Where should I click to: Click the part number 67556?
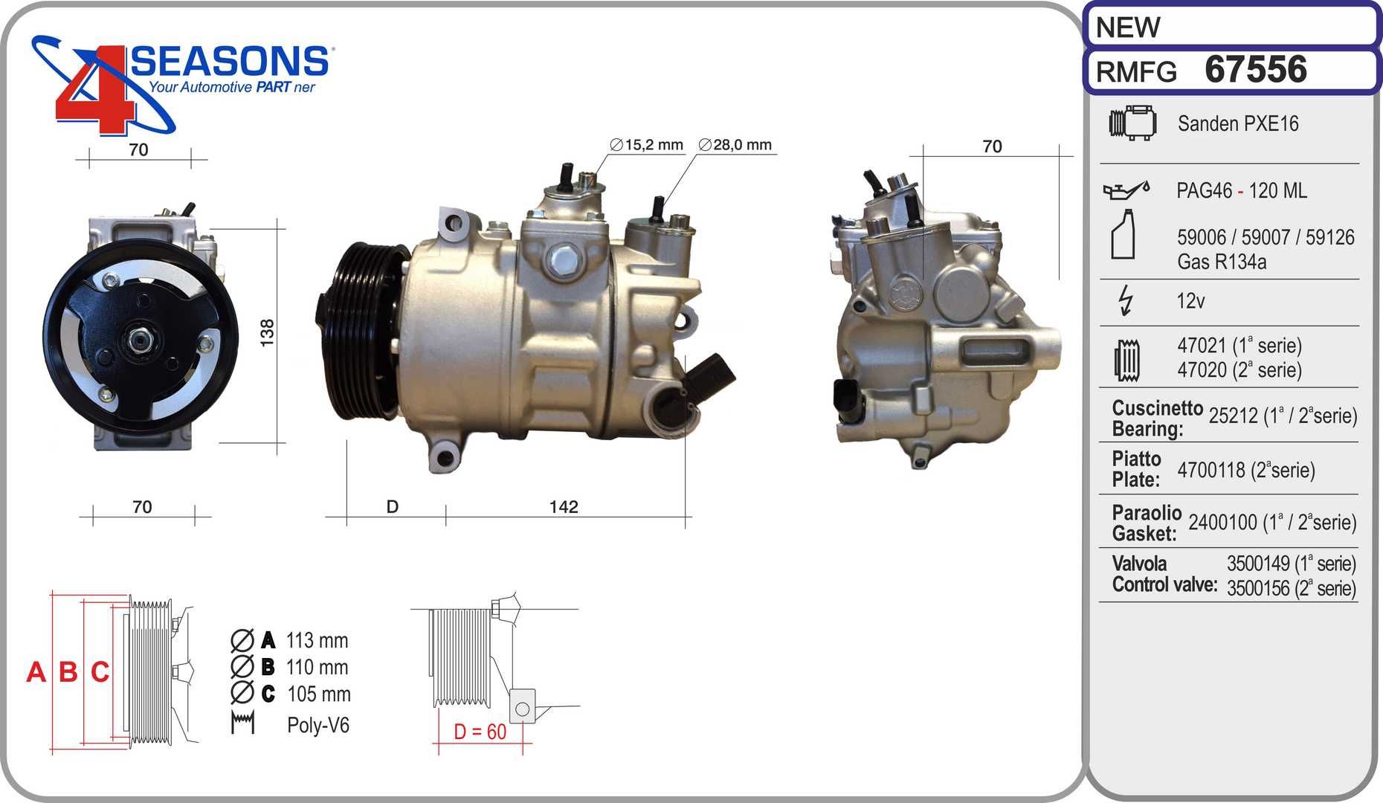1255,69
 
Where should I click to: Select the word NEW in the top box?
1127,28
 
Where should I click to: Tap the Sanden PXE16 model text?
1238,123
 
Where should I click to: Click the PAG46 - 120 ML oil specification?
1241,190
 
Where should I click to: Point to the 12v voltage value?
1190,301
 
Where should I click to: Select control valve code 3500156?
1258,588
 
